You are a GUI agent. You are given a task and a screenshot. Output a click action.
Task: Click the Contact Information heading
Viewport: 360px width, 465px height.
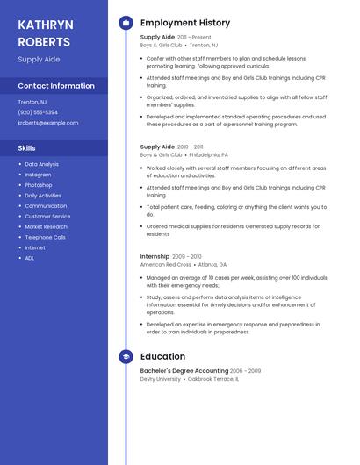click(56, 86)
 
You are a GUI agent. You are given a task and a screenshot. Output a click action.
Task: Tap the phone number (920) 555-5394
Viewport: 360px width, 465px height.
click(38, 112)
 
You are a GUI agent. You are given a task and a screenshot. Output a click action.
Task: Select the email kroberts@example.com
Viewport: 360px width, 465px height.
click(47, 123)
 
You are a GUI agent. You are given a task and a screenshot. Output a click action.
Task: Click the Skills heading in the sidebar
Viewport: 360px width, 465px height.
click(27, 148)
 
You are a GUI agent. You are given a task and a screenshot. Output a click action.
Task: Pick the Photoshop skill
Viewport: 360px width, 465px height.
click(39, 185)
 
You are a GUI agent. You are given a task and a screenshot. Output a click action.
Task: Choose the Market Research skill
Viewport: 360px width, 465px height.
click(46, 226)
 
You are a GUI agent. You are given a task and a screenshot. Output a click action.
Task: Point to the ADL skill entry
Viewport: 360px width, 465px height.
click(30, 258)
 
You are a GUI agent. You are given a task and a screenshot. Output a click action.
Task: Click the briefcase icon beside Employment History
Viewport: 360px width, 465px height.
click(126, 23)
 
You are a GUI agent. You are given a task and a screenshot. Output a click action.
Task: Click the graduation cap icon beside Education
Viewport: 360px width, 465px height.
click(126, 357)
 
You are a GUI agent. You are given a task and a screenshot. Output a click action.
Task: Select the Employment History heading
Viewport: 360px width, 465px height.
click(184, 23)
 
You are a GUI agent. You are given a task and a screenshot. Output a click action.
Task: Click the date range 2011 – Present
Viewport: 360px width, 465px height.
click(194, 38)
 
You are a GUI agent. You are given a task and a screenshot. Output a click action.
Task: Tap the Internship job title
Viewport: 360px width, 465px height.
click(155, 256)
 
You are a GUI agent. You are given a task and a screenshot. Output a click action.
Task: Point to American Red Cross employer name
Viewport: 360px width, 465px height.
click(165, 264)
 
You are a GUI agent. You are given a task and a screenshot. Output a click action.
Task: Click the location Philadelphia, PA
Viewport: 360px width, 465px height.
click(208, 154)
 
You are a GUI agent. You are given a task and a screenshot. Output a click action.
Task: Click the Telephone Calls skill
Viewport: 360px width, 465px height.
click(45, 237)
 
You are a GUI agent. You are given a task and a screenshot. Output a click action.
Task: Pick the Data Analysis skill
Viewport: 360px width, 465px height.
click(41, 164)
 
